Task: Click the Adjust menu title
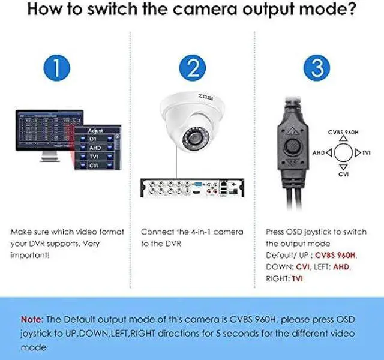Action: pyautogui.click(x=96, y=130)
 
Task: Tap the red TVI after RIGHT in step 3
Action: pyautogui.click(x=298, y=279)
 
